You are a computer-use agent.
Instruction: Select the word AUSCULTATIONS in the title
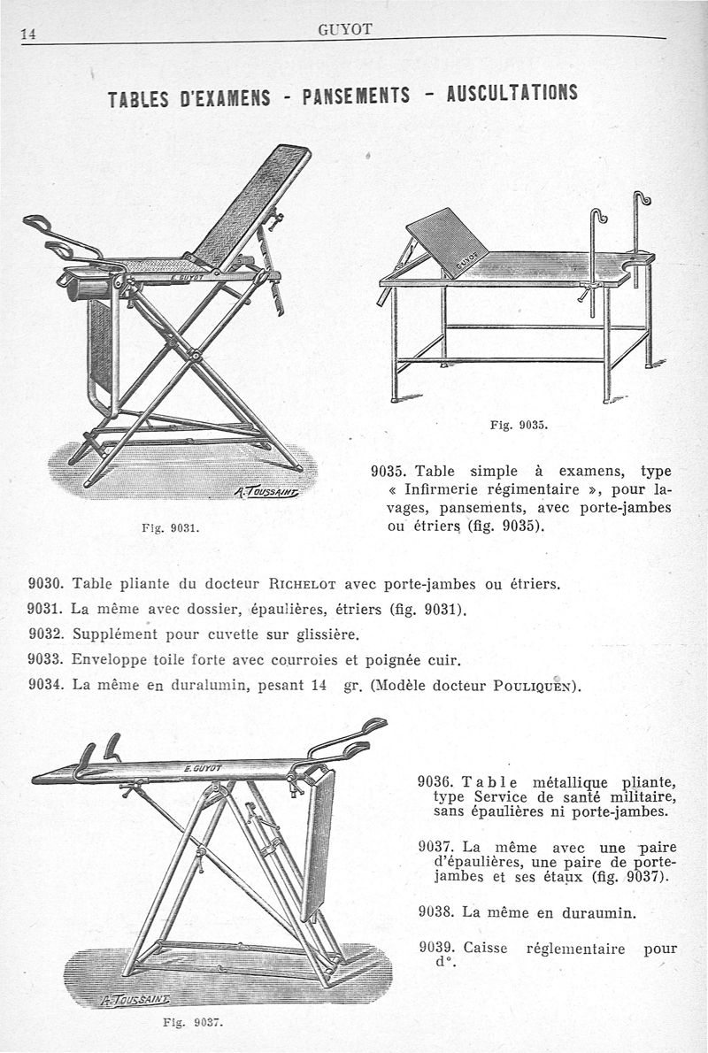[x=512, y=92]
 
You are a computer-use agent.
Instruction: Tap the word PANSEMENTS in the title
[x=356, y=95]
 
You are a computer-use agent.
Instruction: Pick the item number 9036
[x=435, y=782]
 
